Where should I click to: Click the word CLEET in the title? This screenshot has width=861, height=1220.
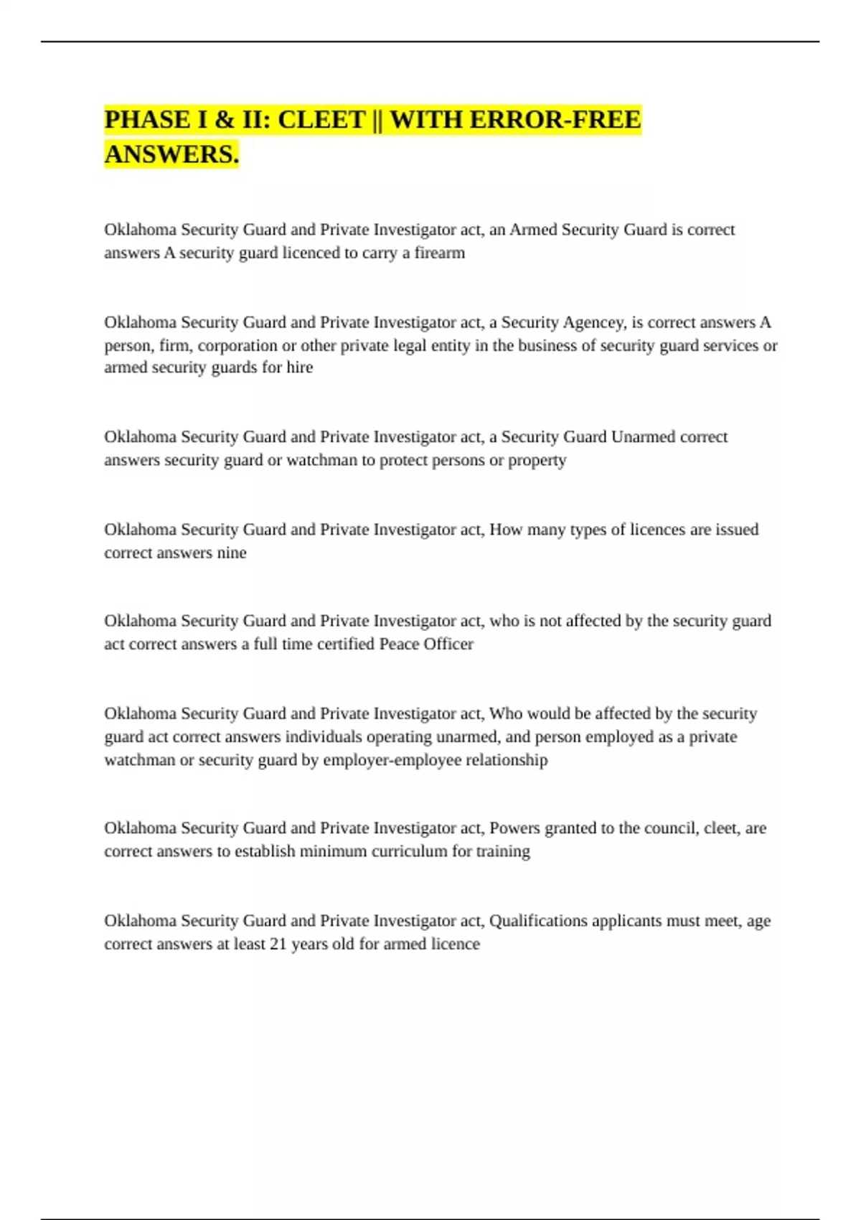tap(321, 120)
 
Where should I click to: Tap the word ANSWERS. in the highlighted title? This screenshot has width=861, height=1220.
tap(171, 154)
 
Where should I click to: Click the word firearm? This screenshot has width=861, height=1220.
tap(440, 253)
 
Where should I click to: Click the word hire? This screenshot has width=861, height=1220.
tap(300, 367)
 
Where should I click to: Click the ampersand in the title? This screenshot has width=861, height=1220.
tap(225, 120)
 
